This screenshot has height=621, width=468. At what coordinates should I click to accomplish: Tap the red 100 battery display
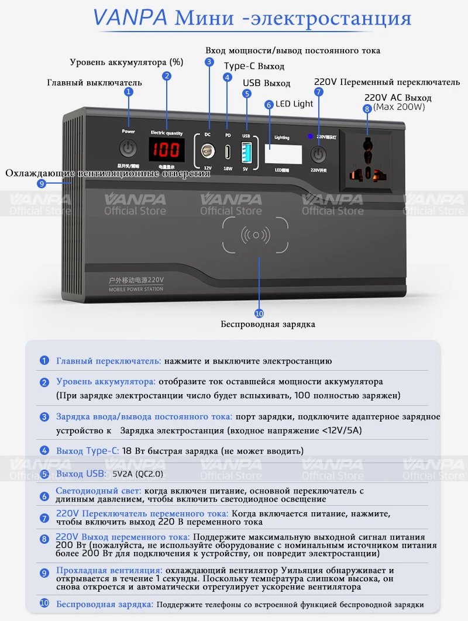[167, 151]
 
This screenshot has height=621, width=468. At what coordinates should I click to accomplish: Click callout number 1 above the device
[129, 92]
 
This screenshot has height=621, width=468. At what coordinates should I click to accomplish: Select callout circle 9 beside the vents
[41, 183]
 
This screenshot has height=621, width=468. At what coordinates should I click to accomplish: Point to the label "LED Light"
[295, 103]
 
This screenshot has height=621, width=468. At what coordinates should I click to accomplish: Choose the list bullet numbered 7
[44, 517]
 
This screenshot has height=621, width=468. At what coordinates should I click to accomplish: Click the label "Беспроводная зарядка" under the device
[267, 324]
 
